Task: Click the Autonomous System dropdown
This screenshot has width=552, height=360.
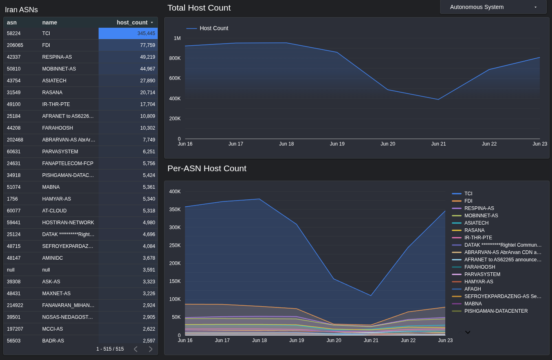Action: click(x=493, y=7)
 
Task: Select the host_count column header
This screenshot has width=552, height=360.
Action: click(x=132, y=22)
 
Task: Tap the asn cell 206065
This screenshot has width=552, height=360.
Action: click(x=15, y=45)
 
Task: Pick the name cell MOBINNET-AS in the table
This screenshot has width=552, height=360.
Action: click(x=59, y=69)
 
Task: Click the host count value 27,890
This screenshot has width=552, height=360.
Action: click(x=147, y=81)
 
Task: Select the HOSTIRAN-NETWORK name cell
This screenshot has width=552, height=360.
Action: click(x=68, y=223)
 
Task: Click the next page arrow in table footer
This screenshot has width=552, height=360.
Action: click(x=150, y=349)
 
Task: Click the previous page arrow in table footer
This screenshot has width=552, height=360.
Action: click(x=136, y=349)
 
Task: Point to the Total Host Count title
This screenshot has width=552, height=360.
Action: click(x=199, y=8)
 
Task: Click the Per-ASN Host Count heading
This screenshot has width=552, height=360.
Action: click(x=207, y=168)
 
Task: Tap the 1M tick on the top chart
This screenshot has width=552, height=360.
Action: click(x=177, y=38)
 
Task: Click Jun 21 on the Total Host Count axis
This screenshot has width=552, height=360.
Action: click(x=438, y=144)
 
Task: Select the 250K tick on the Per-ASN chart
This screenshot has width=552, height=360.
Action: click(x=175, y=245)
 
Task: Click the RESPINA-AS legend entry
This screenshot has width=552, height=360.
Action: click(x=479, y=208)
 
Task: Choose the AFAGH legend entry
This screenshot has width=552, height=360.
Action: click(x=472, y=289)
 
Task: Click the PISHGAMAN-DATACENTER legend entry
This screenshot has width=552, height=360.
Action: click(x=495, y=311)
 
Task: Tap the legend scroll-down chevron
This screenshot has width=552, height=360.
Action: click(x=468, y=332)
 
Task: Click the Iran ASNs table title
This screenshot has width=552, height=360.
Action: click(x=21, y=10)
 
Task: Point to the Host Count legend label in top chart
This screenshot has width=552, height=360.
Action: click(x=213, y=28)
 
